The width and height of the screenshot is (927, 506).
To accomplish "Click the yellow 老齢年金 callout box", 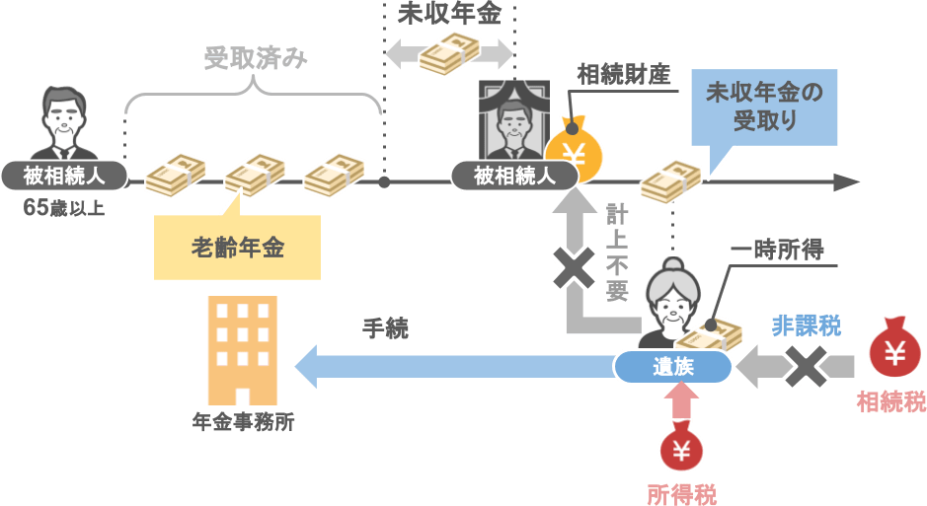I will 237,248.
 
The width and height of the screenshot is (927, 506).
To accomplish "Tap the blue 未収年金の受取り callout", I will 764,108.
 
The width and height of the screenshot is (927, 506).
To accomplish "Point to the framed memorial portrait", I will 513,121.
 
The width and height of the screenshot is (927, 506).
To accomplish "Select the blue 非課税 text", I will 807,322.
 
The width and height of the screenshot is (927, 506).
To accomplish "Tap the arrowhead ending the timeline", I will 846,182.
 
